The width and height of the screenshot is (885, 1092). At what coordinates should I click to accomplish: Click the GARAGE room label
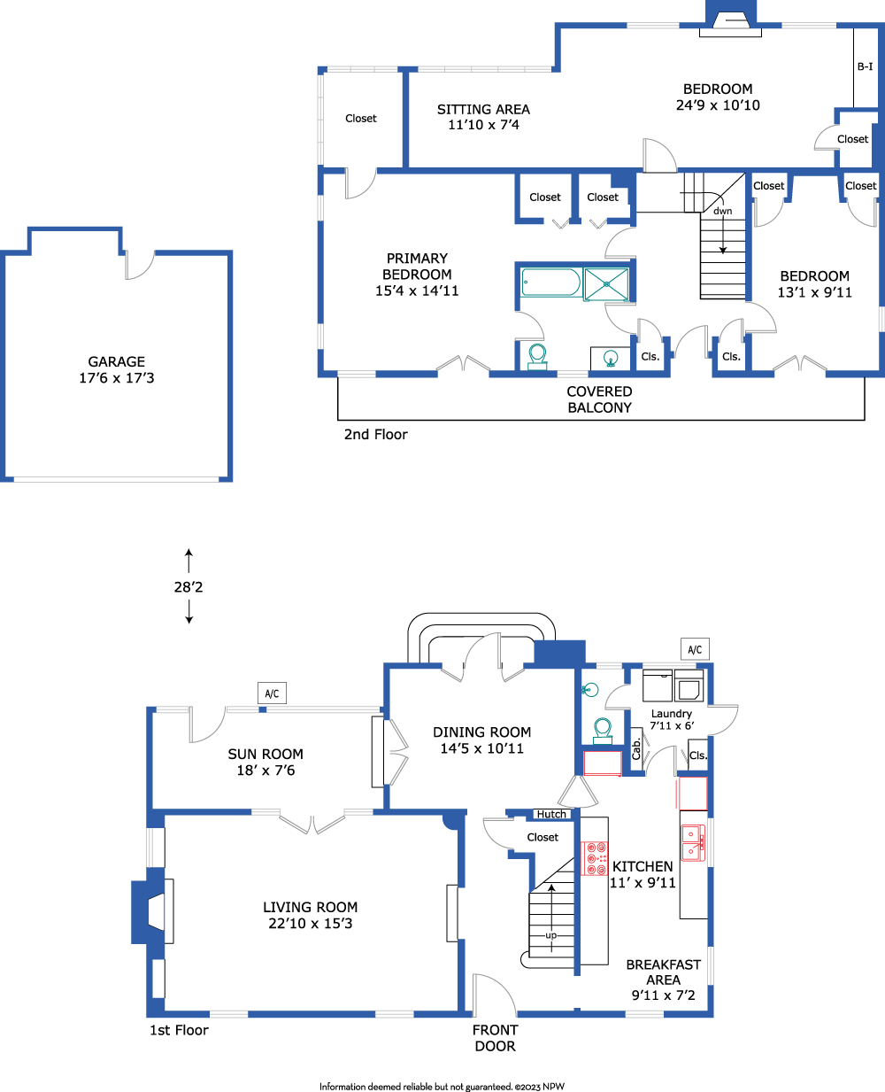pyautogui.click(x=116, y=361)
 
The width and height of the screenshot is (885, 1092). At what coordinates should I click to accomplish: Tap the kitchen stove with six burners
pyautogui.click(x=594, y=858)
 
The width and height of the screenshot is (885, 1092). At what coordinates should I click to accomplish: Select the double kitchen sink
pyautogui.click(x=693, y=842)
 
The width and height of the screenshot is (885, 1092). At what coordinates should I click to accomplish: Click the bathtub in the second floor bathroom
pyautogui.click(x=551, y=282)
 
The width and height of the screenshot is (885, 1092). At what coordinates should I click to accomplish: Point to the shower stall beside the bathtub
pyautogui.click(x=606, y=283)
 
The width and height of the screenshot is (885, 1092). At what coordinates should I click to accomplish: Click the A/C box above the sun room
pyautogui.click(x=272, y=693)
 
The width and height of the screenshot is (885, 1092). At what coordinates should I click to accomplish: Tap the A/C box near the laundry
pyautogui.click(x=695, y=649)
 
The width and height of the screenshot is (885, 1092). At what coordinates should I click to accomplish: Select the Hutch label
pyautogui.click(x=551, y=814)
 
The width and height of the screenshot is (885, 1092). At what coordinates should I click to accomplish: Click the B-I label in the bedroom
pyautogui.click(x=865, y=66)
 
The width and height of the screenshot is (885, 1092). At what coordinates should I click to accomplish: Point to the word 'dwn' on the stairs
pyautogui.click(x=723, y=211)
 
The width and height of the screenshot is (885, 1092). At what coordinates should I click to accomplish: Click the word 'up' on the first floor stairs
pyautogui.click(x=551, y=935)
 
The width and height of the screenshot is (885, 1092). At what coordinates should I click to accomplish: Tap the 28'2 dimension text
pyautogui.click(x=189, y=586)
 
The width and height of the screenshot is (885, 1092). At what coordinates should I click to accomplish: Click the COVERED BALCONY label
pyautogui.click(x=599, y=399)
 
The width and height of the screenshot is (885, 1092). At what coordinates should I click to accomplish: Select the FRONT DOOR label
pyautogui.click(x=496, y=1038)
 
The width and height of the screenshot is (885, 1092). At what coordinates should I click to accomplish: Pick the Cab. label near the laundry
pyautogui.click(x=636, y=749)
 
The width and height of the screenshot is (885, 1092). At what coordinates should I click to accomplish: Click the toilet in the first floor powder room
pyautogui.click(x=603, y=731)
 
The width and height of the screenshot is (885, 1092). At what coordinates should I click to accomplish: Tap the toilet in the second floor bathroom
pyautogui.click(x=537, y=357)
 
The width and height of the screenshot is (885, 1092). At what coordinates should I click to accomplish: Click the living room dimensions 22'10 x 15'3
pyautogui.click(x=311, y=923)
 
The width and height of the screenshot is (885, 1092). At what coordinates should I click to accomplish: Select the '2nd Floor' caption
pyautogui.click(x=375, y=434)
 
